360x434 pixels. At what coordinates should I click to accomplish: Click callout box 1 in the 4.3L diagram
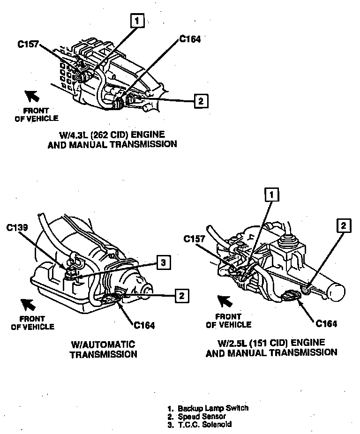click(x=137, y=20)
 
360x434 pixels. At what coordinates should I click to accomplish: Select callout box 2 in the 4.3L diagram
click(x=200, y=100)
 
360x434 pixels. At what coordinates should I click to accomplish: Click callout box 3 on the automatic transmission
click(x=162, y=262)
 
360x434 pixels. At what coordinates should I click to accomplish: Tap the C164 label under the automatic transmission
click(x=144, y=324)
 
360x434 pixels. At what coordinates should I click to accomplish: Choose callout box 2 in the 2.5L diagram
click(x=344, y=225)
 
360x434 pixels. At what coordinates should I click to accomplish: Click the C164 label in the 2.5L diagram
click(x=326, y=323)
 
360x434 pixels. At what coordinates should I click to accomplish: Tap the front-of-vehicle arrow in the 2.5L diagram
click(x=224, y=299)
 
